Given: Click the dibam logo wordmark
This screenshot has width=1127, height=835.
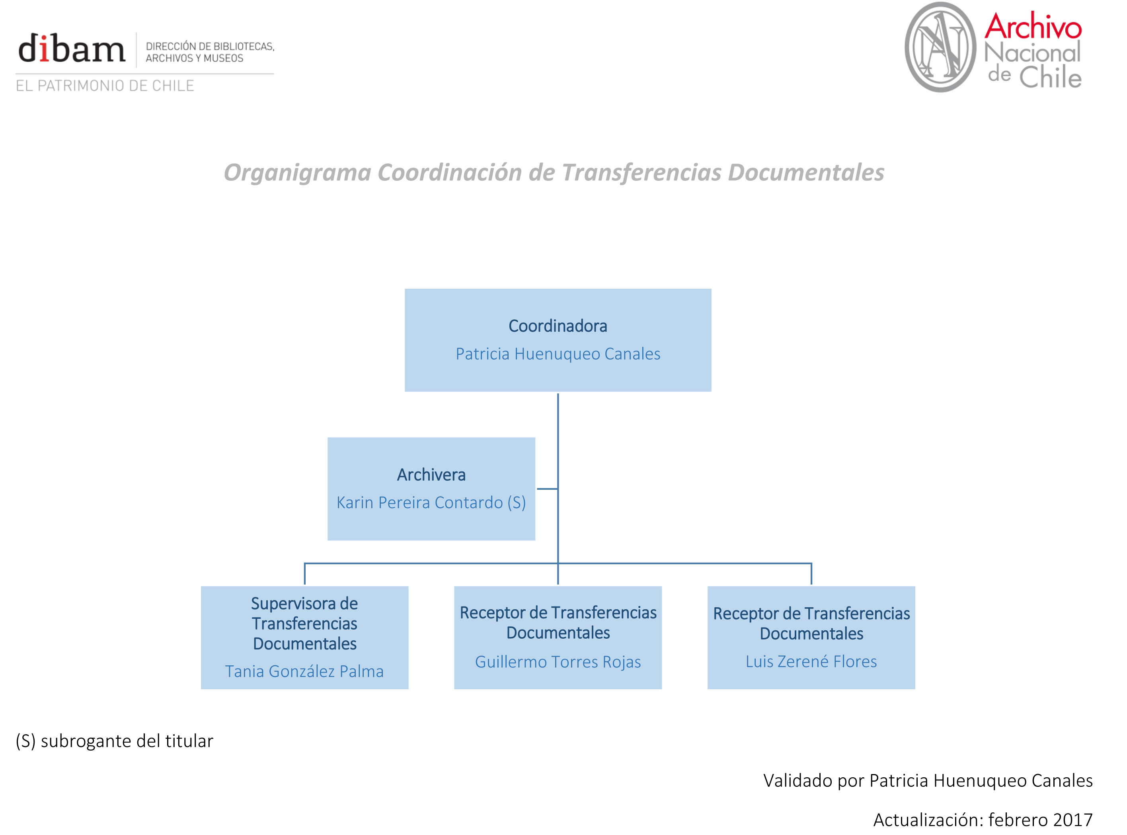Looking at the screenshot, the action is pyautogui.click(x=71, y=49).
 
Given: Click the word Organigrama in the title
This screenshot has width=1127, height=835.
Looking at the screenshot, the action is pyautogui.click(x=298, y=173).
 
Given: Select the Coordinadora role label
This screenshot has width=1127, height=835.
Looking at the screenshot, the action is pyautogui.click(x=558, y=326).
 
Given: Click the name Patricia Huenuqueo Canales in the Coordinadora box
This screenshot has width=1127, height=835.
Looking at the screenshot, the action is pyautogui.click(x=558, y=354).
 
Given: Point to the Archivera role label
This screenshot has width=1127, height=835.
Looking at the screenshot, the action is pyautogui.click(x=431, y=475).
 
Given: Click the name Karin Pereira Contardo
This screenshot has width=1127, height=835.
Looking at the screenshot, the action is pyautogui.click(x=420, y=503).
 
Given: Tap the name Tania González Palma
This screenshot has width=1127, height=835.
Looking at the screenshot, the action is pyautogui.click(x=304, y=671).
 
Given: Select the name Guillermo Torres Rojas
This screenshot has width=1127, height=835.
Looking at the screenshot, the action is pyautogui.click(x=558, y=662).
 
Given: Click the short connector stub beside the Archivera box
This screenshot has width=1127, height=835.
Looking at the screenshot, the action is pyautogui.click(x=547, y=489).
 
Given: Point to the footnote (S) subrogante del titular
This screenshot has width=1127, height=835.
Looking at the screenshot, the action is pyautogui.click(x=115, y=741).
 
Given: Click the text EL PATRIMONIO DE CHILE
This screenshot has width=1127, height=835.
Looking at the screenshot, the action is pyautogui.click(x=105, y=86).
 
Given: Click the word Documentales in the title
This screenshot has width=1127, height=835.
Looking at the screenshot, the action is pyautogui.click(x=806, y=173).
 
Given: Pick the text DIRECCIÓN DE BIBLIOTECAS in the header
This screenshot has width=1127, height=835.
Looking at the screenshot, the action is pyautogui.click(x=210, y=47).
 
